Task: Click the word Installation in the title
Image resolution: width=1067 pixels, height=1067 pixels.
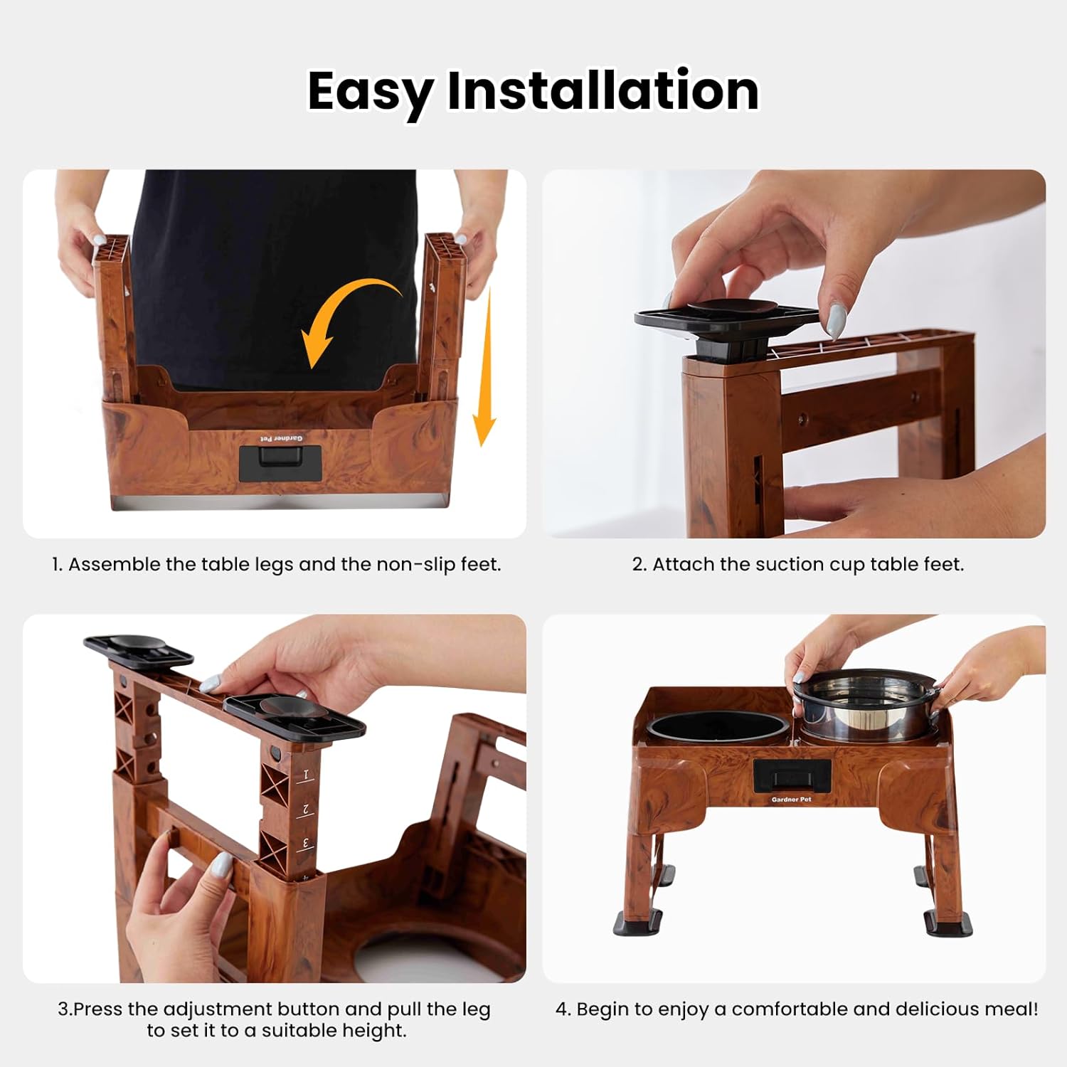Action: tap(602, 90)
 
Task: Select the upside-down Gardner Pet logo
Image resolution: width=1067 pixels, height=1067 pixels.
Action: tap(281, 439)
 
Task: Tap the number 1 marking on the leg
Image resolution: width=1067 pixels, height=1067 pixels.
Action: tap(307, 774)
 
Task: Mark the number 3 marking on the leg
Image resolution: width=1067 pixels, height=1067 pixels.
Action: tap(307, 844)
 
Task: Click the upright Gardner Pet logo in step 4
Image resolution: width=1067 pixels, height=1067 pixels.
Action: tap(791, 800)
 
